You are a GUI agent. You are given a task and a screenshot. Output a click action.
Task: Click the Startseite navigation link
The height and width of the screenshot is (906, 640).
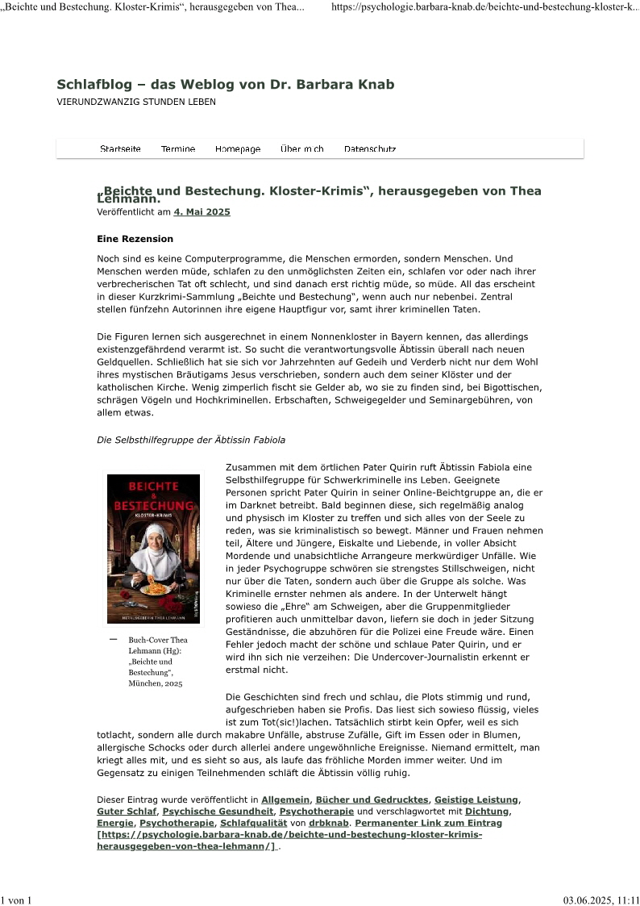click(x=120, y=149)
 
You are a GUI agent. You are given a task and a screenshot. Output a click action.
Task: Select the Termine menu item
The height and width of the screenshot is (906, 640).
click(x=178, y=149)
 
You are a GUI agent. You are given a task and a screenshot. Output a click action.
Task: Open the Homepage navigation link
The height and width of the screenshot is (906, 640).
click(x=238, y=149)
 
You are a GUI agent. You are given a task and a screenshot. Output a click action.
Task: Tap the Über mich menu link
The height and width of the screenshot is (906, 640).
click(x=302, y=149)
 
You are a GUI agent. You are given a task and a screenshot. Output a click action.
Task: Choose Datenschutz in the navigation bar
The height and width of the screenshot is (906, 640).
click(x=370, y=149)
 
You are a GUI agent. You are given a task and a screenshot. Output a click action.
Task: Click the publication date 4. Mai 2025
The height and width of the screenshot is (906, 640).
click(x=202, y=212)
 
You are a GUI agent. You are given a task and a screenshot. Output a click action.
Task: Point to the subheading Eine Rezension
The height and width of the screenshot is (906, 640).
click(x=135, y=239)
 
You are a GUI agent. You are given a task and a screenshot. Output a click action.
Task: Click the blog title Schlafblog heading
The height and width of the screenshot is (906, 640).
click(x=226, y=85)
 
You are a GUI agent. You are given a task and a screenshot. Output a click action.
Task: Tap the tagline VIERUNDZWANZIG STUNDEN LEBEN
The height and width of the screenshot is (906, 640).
click(x=136, y=102)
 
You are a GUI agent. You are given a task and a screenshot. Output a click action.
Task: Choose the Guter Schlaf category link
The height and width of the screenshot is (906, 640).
click(x=127, y=811)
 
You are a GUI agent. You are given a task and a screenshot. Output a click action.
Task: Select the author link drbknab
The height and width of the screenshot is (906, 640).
click(x=329, y=823)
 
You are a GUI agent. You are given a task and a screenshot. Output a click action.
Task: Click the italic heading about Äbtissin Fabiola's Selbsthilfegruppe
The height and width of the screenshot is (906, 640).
click(x=190, y=440)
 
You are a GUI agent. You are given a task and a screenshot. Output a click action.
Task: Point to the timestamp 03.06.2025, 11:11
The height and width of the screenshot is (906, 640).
click(x=601, y=900)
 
